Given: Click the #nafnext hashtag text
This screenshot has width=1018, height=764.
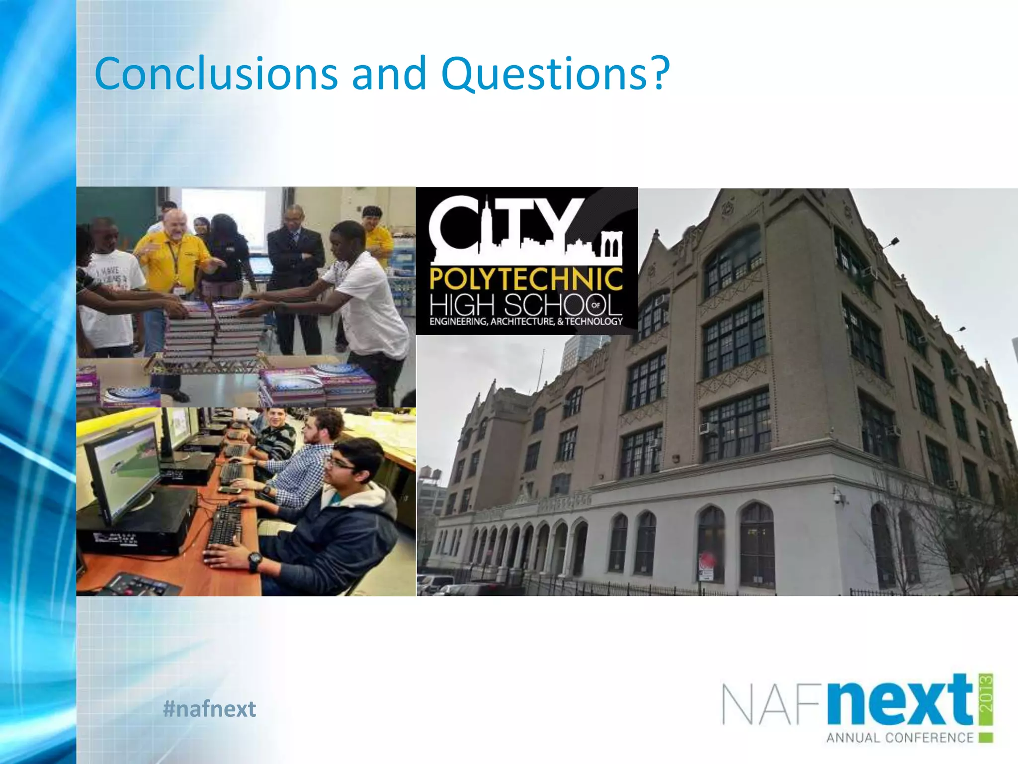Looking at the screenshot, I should pyautogui.click(x=209, y=708).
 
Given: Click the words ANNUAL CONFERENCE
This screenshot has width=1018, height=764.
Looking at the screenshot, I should pyautogui.click(x=900, y=738).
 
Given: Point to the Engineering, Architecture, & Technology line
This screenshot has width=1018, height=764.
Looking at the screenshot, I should pyautogui.click(x=526, y=322).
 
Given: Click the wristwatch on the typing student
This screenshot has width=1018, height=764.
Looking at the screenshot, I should pyautogui.click(x=254, y=561).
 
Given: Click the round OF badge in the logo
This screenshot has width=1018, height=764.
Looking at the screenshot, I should pyautogui.click(x=596, y=305).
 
